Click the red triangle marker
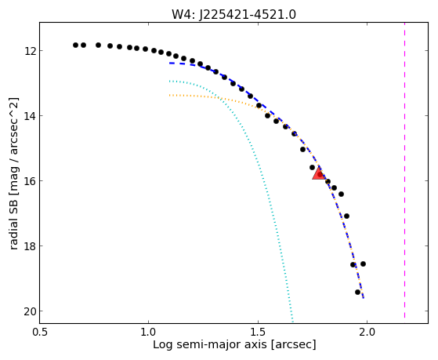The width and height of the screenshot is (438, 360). coord(318,174)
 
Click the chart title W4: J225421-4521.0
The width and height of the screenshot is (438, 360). coord(233,14)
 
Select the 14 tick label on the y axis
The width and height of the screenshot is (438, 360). coord(30,116)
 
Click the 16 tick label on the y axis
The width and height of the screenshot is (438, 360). coord(30,181)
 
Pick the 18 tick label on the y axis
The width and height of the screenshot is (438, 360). coord(30,246)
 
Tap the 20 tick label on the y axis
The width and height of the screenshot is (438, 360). coord(30,311)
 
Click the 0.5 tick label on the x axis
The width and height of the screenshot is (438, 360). coord(40,332)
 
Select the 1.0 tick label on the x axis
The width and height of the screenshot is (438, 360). coord(149,332)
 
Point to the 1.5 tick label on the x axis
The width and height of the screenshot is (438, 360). coord(258,332)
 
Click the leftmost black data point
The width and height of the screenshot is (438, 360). coord(75,45)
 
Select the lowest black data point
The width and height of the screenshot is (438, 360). coord(357,292)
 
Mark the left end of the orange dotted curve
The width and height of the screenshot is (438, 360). coord(169,96)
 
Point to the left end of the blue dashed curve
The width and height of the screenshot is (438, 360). coord(169,64)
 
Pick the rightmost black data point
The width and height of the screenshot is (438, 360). coord(363,264)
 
